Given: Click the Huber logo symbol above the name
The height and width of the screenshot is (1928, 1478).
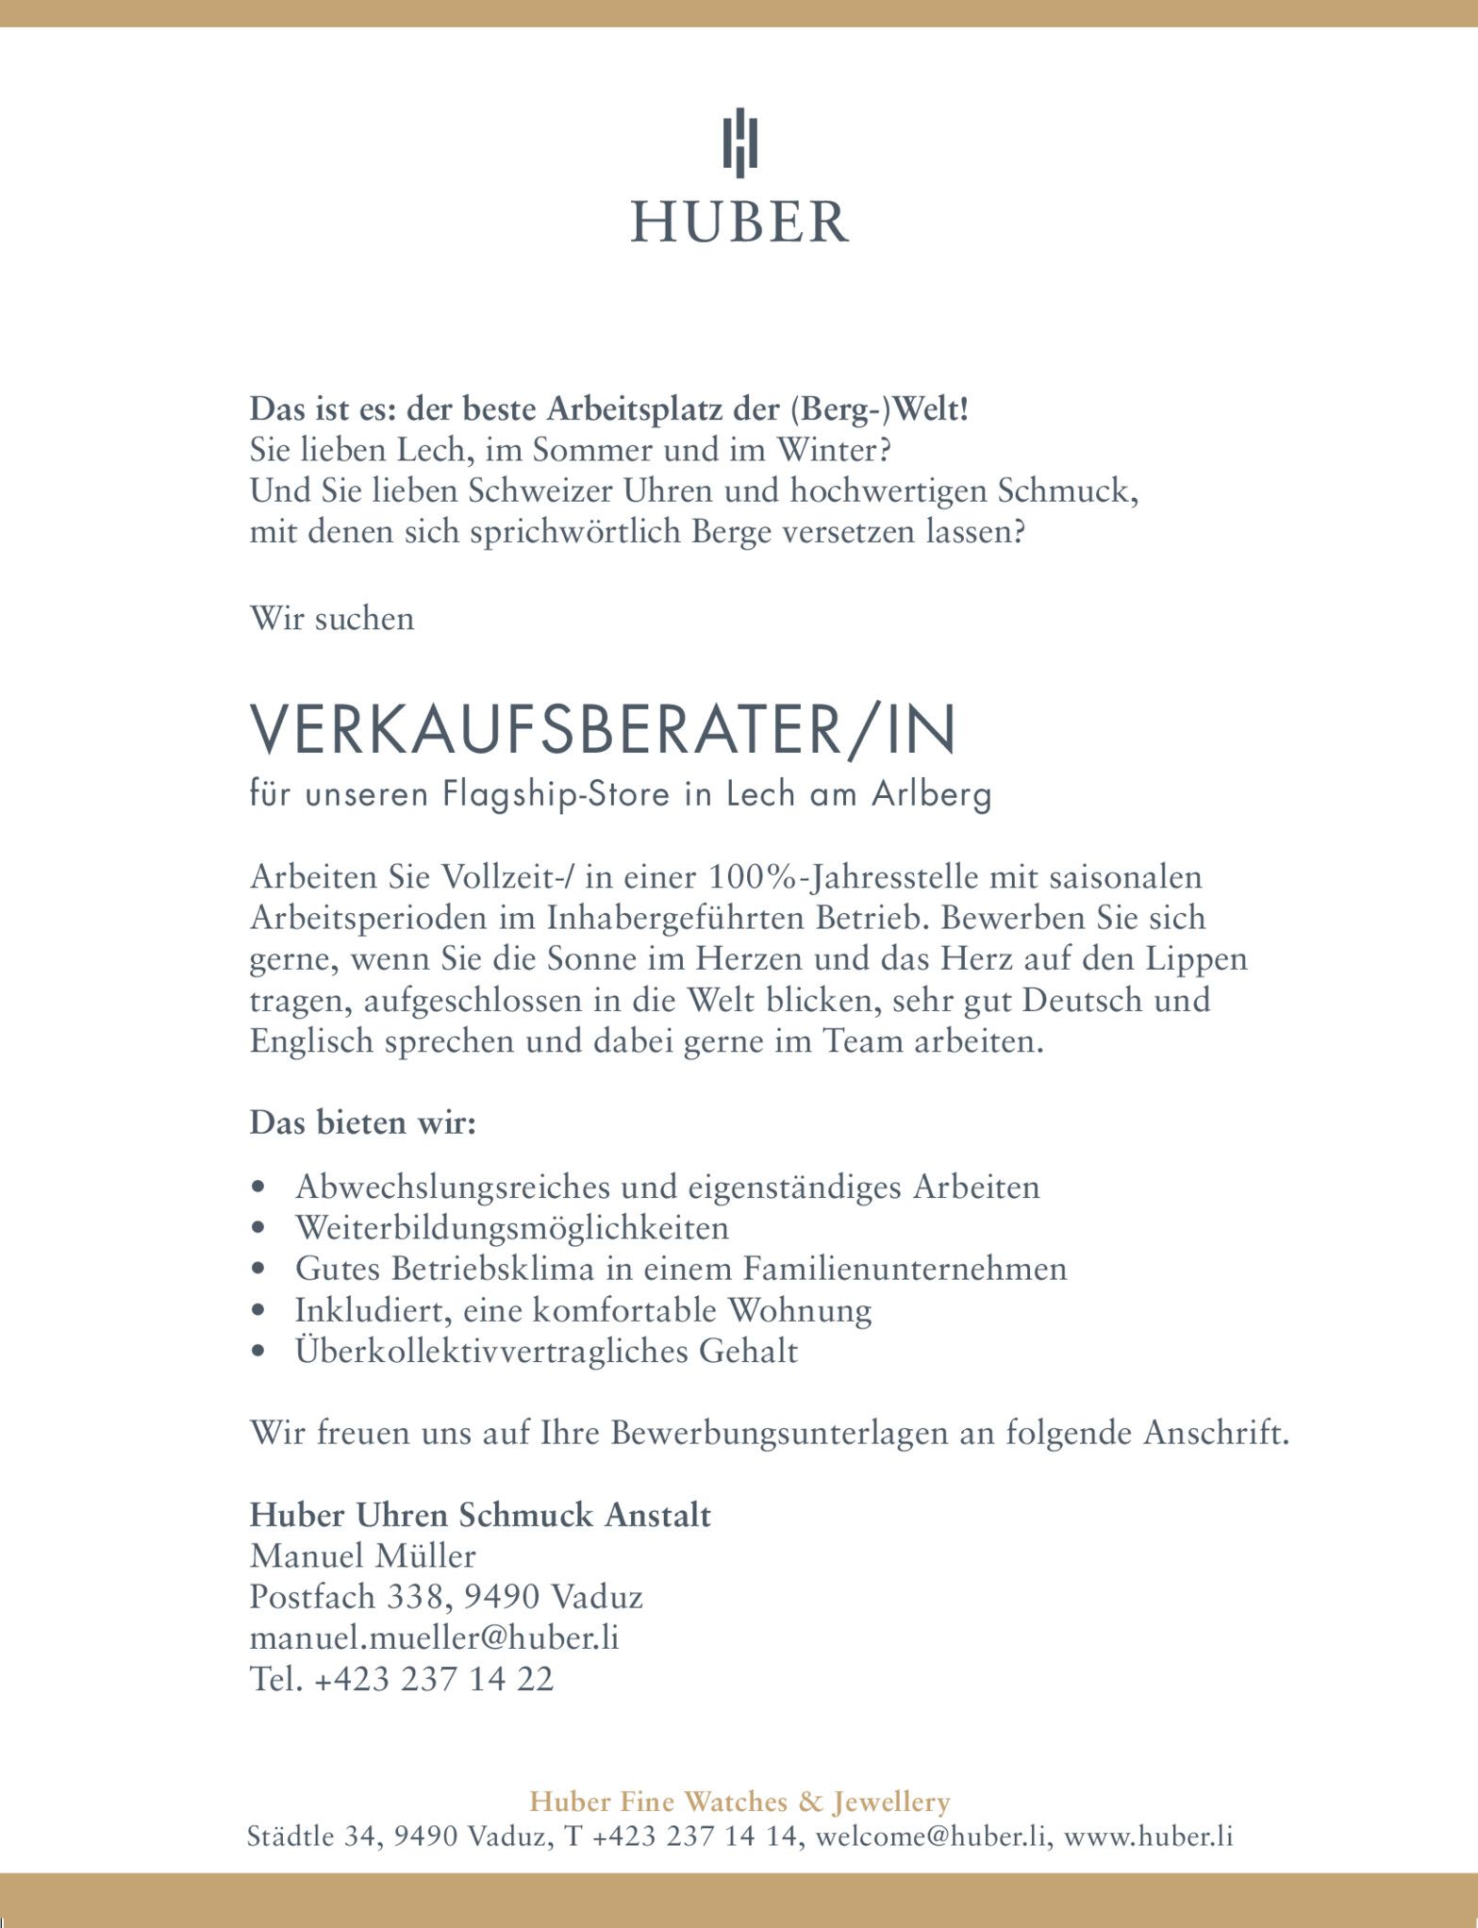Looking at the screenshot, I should click(739, 143).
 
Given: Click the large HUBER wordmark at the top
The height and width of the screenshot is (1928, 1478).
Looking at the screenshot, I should click(739, 222).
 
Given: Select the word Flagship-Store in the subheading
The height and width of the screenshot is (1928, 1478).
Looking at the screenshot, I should click(557, 794).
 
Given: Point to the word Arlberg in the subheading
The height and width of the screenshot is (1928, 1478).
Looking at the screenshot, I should click(932, 794).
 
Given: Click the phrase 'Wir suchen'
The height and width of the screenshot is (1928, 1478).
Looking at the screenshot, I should click(332, 619).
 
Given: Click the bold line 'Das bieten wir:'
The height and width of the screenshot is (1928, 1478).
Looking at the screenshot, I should click(363, 1123).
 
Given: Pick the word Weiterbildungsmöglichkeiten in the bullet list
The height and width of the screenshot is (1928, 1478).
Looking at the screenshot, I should click(512, 1227).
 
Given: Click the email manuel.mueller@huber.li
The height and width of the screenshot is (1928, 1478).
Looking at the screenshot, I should click(434, 1637).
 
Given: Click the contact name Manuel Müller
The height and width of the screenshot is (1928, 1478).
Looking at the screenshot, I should click(363, 1555).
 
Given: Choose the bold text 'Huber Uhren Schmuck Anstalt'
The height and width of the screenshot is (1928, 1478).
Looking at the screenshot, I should click(480, 1514).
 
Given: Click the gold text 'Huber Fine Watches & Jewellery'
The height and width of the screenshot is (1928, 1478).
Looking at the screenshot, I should click(739, 1802).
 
